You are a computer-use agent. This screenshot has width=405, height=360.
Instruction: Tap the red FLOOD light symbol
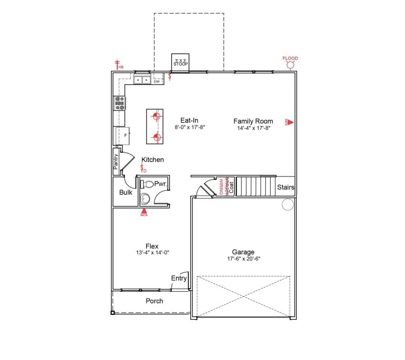(290, 65)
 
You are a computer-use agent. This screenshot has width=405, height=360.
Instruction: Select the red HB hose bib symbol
(118, 64)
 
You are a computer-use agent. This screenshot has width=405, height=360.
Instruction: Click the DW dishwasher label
(156, 82)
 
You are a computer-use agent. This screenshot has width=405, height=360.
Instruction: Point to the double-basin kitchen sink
(142, 80)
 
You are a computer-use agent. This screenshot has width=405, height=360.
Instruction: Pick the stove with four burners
(120, 104)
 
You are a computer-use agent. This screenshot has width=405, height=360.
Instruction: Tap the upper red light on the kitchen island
(156, 116)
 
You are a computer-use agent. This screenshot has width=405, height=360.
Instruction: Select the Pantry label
(116, 162)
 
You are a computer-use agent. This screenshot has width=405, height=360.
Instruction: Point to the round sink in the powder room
(145, 198)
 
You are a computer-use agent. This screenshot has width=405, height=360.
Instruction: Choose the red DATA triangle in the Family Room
(290, 122)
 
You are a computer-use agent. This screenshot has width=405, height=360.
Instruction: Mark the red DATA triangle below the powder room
(144, 210)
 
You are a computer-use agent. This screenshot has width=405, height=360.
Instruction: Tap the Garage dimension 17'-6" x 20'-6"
(244, 259)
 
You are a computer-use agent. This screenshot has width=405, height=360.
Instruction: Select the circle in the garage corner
(287, 205)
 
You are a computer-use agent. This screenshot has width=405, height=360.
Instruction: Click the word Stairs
(285, 187)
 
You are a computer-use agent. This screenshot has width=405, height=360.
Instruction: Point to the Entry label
(179, 278)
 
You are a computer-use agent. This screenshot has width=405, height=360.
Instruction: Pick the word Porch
(154, 301)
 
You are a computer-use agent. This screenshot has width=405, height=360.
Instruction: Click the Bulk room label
(125, 192)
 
